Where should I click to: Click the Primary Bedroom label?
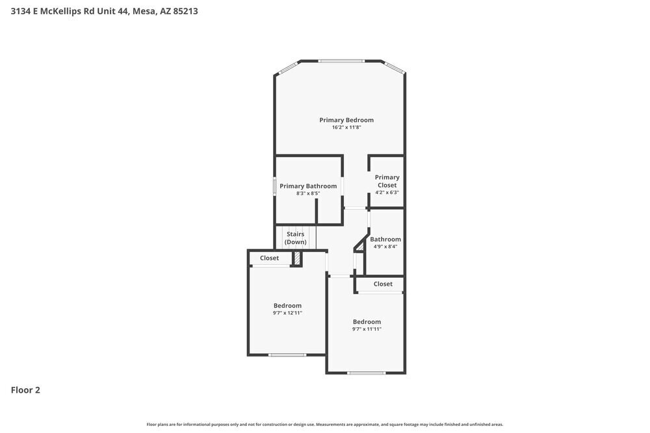tap(346, 120)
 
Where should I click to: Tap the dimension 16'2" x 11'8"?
tap(346, 128)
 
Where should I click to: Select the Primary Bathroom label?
tap(308, 186)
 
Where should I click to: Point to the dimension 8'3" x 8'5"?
tap(308, 193)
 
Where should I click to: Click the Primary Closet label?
tap(387, 181)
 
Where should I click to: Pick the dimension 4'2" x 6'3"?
tap(387, 193)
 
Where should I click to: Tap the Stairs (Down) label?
tap(296, 238)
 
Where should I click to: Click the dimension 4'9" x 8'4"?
tap(385, 247)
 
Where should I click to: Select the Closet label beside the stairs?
tap(269, 258)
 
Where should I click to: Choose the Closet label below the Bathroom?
tap(383, 284)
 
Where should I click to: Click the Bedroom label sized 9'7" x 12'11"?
tap(287, 306)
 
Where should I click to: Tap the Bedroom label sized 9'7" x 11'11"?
tap(367, 322)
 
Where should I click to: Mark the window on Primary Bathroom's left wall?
tap(274, 186)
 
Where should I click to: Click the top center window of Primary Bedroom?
tap(341, 61)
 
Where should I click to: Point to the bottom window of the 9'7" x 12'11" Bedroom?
tap(287, 354)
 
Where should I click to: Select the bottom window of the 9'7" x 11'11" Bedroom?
tap(367, 373)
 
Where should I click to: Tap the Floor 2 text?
tap(25, 390)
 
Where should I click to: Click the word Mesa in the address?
tap(144, 11)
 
